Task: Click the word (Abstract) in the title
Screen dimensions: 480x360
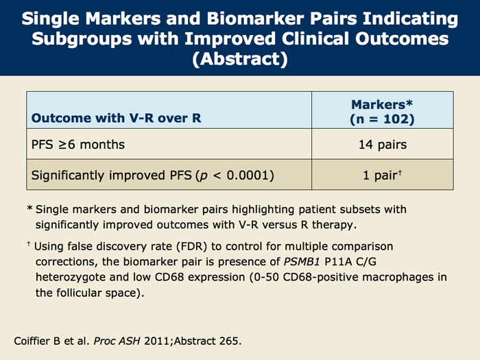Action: coord(240,58)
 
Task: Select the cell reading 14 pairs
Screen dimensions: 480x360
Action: coord(383,145)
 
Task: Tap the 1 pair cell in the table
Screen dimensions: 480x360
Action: coord(383,175)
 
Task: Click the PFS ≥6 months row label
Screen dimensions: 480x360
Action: coord(78,145)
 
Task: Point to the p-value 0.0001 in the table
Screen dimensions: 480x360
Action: coord(248,175)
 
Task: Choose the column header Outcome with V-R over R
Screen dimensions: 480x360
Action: coord(117,118)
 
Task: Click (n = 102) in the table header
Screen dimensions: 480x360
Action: coord(383,119)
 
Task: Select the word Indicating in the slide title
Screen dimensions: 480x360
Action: coord(410,19)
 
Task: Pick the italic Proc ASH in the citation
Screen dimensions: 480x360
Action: coord(117,341)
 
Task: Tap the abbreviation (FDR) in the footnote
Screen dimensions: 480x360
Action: coord(192,246)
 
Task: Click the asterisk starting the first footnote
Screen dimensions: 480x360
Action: coord(29,208)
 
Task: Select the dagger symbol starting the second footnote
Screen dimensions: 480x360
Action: coord(29,244)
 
